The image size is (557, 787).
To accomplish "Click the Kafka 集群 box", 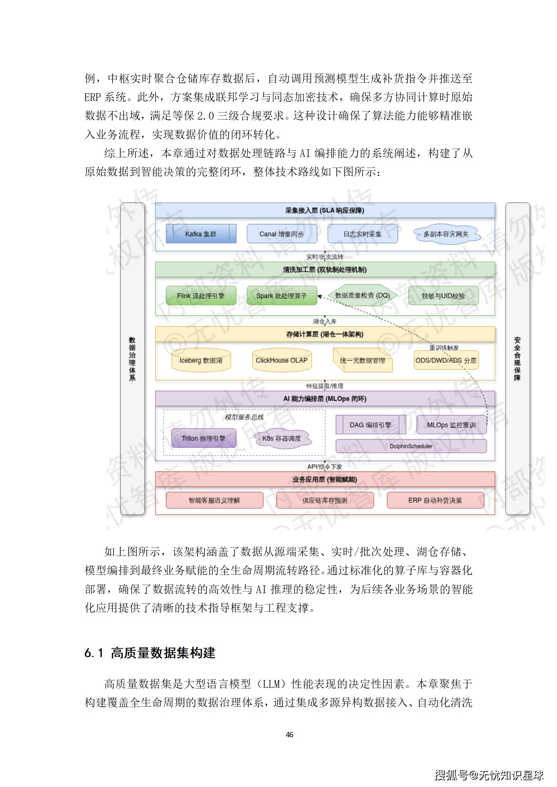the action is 201,234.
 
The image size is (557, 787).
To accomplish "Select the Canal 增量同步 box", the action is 281,234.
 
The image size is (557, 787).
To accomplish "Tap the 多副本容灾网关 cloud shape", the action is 446,234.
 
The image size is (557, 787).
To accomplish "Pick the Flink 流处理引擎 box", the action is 201,296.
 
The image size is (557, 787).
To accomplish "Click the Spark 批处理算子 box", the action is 281,296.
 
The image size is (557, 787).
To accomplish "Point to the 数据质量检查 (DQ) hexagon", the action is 362,295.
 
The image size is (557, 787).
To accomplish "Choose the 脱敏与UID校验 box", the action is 443,296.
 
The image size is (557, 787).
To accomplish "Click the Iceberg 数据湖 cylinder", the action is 201,360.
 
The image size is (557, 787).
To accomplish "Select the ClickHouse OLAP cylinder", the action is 281,360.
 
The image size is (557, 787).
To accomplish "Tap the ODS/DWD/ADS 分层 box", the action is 446,360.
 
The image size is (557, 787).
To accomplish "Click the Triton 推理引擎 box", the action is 204,438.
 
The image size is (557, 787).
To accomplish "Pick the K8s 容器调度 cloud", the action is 281,438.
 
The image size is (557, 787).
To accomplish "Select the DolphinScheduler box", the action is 411,446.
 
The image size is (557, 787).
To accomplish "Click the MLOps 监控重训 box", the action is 451,425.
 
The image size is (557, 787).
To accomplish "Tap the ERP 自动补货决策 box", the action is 435,500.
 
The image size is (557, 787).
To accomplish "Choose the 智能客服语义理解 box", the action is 214,500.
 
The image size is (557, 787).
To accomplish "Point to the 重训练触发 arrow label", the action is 444,347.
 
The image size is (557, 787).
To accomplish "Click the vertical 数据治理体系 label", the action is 132,359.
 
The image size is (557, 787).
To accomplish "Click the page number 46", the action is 290,734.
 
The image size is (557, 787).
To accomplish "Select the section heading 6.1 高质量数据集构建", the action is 150,653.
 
